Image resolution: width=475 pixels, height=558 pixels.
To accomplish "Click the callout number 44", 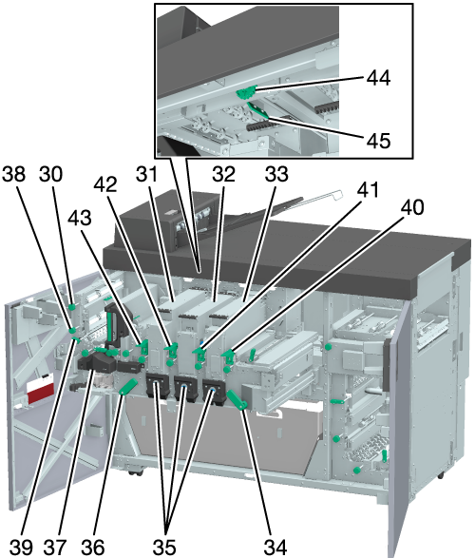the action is point(379,78).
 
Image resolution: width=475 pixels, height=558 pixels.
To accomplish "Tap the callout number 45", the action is point(379,140).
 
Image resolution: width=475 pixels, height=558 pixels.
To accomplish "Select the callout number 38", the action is point(14,174).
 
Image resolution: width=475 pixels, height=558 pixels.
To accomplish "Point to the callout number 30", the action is point(50,174).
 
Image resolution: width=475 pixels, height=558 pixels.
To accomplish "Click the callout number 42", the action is point(105,184).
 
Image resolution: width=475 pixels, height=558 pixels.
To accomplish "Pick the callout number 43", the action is point(80,218).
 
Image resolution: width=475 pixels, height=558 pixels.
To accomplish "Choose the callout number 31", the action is point(147,174).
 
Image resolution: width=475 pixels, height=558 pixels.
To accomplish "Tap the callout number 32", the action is point(224,174).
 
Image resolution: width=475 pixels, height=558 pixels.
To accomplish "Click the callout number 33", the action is point(276,174).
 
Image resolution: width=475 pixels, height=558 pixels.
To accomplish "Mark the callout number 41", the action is point(368,189).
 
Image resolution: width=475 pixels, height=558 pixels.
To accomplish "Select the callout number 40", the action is point(412,207).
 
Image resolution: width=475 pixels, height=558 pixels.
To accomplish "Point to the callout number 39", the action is point(21,547).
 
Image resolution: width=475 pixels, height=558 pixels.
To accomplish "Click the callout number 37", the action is point(55,547).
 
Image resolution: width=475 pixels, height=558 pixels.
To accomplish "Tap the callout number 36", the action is point(92,547).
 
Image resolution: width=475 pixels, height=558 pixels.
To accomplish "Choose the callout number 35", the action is point(164,547).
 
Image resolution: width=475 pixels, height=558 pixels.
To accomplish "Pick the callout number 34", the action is point(275,547).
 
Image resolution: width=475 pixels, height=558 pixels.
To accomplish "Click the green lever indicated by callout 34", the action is point(237,400).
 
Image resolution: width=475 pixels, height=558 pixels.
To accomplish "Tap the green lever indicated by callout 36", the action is point(128,387).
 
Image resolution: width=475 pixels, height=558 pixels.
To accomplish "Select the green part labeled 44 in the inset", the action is point(246,93).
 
